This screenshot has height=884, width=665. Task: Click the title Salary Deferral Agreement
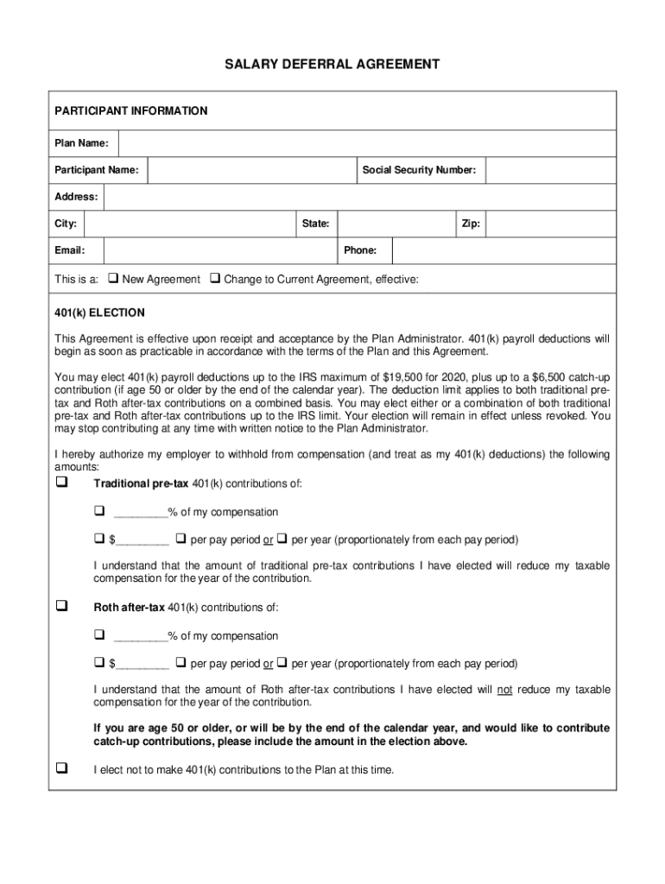(x=332, y=64)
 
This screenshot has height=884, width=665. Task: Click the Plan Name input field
(x=367, y=143)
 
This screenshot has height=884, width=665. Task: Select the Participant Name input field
(x=251, y=170)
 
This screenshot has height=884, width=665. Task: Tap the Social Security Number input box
(x=550, y=170)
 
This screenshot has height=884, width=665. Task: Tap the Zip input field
(x=550, y=224)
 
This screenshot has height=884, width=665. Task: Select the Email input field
(x=219, y=251)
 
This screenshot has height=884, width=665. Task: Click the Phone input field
(x=503, y=251)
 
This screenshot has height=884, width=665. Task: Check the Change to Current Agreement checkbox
(x=216, y=279)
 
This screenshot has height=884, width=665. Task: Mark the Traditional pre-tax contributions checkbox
(x=61, y=483)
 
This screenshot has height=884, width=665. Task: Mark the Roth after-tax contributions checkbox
(x=61, y=607)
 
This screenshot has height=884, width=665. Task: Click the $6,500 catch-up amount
(x=545, y=377)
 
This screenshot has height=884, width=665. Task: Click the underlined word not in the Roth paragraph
(x=504, y=690)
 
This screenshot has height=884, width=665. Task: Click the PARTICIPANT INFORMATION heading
(x=131, y=111)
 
